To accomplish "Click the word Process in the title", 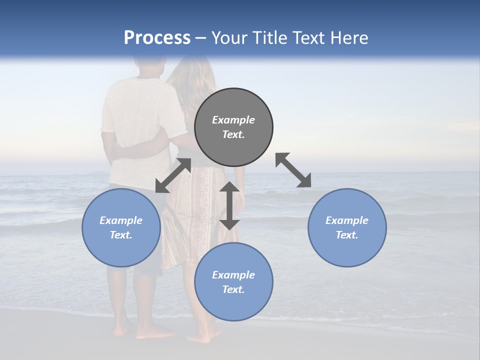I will (157, 38).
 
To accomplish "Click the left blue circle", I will (121, 227).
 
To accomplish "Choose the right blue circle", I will (347, 227).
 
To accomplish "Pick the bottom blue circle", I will (233, 281).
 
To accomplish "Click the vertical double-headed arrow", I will (229, 205).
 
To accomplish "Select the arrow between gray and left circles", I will (173, 175).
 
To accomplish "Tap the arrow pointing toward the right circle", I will (293, 170).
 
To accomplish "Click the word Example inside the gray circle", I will (233, 120).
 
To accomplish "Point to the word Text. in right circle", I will (347, 235).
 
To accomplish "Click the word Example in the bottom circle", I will (233, 275).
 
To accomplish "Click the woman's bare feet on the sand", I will (202, 338).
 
